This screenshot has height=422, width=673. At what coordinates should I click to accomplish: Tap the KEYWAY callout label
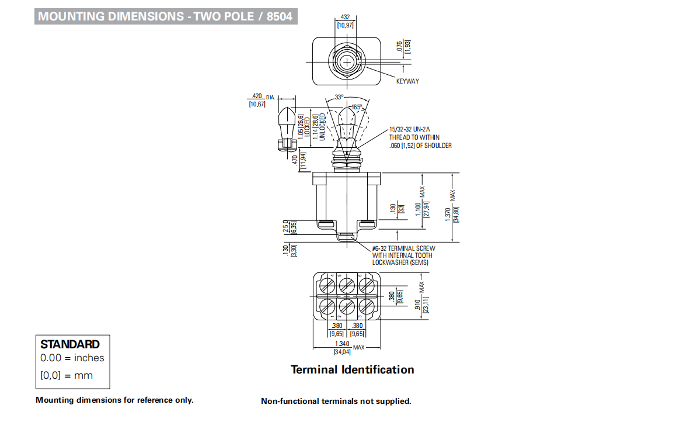[407, 81]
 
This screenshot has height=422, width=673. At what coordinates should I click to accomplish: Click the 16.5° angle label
[357, 107]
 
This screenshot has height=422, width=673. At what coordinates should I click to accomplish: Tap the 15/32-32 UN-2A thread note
[411, 130]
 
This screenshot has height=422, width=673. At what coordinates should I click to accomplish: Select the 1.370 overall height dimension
[447, 215]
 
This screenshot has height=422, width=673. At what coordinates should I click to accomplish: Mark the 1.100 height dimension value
[417, 209]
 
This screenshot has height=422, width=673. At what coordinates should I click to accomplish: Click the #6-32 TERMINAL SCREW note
[403, 248]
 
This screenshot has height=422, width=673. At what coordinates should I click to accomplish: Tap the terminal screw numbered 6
[366, 285]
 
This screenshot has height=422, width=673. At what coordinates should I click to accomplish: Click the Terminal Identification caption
[353, 369]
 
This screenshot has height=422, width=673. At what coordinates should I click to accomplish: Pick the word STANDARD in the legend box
[70, 344]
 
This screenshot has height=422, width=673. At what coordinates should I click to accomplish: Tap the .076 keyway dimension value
[399, 46]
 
